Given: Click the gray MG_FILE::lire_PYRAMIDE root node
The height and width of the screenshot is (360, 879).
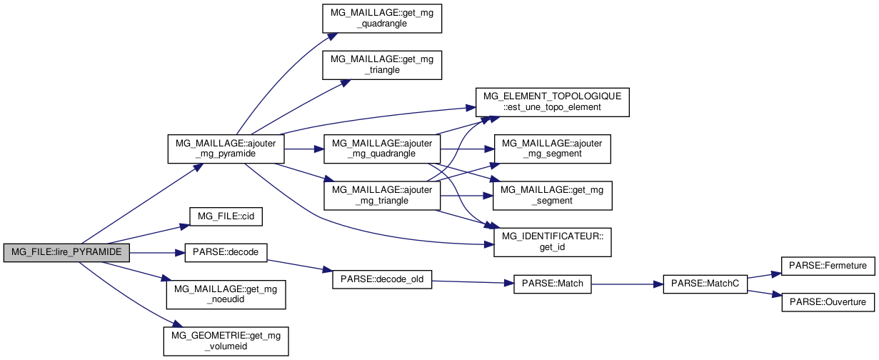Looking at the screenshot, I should point(66,252).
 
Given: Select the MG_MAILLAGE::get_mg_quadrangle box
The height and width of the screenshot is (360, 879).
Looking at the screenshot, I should point(382,17).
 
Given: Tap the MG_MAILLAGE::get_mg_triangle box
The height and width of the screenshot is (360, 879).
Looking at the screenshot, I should point(382,64).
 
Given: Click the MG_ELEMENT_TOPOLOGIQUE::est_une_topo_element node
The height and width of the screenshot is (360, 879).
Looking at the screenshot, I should point(552,101).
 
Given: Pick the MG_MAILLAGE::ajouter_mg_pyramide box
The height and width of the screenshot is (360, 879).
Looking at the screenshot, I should point(226,149).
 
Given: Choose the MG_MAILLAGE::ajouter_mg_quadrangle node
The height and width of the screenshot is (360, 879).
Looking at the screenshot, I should point(382,149).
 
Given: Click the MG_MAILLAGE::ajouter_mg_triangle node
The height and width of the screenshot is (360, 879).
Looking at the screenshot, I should point(382,195).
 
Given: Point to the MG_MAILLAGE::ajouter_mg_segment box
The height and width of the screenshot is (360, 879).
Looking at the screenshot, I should point(552,149).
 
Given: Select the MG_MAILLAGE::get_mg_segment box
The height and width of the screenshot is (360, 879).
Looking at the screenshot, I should point(552,195).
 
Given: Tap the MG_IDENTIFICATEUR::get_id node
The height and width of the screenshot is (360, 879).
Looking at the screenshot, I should point(552,241).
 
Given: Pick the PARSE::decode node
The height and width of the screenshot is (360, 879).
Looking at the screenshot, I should point(226,252).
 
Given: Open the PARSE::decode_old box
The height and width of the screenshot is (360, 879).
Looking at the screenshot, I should point(382,279).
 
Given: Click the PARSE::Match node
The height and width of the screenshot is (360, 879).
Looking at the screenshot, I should point(552,284).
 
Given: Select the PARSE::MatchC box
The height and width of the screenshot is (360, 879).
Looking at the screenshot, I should point(705,284).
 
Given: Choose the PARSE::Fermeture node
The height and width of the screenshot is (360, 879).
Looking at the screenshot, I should point(828,266).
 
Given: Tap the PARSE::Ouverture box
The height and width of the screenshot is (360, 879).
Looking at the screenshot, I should point(828,302).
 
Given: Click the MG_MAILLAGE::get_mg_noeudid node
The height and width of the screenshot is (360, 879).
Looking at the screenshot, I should point(226,294).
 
